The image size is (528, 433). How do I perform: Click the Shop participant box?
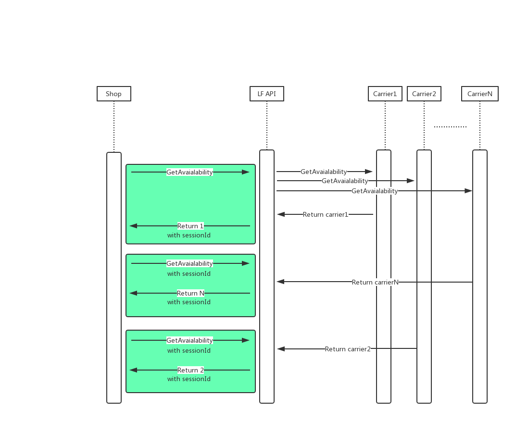pyautogui.click(x=113, y=94)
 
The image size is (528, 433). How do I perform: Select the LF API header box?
pyautogui.click(x=266, y=94)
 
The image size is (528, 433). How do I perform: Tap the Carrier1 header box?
pyautogui.click(x=385, y=94)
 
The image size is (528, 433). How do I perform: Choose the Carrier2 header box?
pyautogui.click(x=424, y=94)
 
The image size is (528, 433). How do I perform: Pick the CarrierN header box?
pyautogui.click(x=479, y=94)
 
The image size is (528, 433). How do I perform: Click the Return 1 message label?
pyautogui.click(x=190, y=226)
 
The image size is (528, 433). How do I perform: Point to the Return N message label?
pyautogui.click(x=190, y=293)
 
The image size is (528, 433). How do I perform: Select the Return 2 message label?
pyautogui.click(x=190, y=370)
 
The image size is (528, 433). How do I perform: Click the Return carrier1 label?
pyautogui.click(x=326, y=214)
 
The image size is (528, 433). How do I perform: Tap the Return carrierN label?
pyautogui.click(x=375, y=282)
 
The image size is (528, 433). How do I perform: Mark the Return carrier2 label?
pyautogui.click(x=348, y=349)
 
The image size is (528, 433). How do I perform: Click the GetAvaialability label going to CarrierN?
pyautogui.click(x=375, y=191)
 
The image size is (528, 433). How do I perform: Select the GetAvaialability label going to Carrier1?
pyautogui.click(x=324, y=172)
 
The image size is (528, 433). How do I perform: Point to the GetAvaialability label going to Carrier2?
pyautogui.click(x=345, y=181)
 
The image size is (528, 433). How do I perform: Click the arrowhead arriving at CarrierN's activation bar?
pyautogui.click(x=468, y=191)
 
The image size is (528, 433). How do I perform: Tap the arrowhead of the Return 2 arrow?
pyautogui.click(x=134, y=370)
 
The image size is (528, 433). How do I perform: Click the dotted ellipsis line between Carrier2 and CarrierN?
pyautogui.click(x=450, y=127)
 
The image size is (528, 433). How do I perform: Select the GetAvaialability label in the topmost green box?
pyautogui.click(x=189, y=172)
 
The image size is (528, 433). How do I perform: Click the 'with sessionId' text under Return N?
pyautogui.click(x=189, y=302)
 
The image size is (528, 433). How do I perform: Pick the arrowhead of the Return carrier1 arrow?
pyautogui.click(x=280, y=214)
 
